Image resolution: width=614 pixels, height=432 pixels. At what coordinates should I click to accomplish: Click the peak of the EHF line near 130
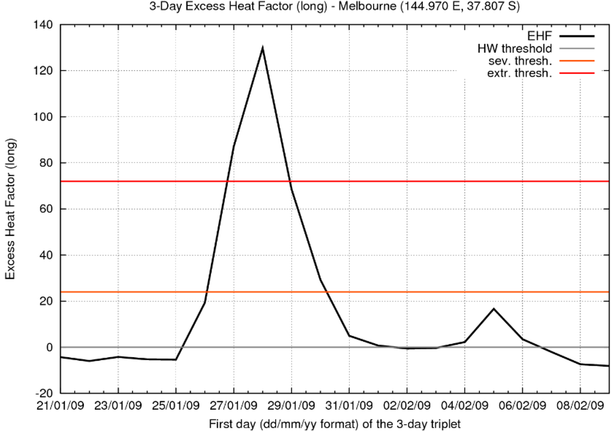click(263, 48)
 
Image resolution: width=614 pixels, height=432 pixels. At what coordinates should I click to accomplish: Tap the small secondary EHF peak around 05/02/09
click(493, 309)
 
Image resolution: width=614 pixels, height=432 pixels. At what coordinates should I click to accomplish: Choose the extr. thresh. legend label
click(519, 73)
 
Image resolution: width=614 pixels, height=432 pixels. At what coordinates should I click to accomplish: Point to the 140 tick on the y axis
click(45, 25)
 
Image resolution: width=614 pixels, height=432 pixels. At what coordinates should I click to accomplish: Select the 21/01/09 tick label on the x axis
click(60, 407)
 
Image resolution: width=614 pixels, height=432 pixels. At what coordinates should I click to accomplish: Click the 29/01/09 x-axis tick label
click(291, 407)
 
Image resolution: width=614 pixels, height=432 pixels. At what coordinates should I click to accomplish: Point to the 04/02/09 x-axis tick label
click(465, 407)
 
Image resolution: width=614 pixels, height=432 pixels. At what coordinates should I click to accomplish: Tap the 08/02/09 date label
click(580, 407)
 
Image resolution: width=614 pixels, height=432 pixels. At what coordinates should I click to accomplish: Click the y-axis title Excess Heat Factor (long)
click(11, 209)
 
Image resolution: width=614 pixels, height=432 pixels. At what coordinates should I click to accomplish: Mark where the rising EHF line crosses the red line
click(227, 181)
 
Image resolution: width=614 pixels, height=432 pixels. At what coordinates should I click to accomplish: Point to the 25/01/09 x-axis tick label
click(176, 407)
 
